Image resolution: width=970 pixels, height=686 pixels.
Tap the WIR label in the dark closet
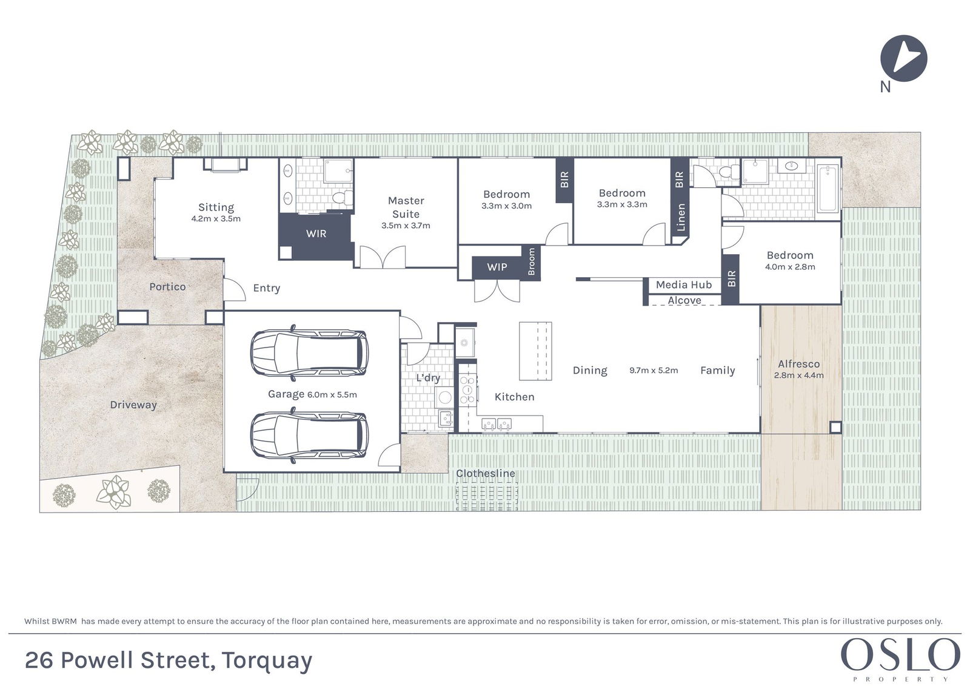316,234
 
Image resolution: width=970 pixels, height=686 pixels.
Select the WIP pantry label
497,267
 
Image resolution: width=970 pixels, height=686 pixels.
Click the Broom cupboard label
531,261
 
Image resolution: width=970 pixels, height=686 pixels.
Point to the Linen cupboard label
681,217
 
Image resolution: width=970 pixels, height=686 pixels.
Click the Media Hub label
684,284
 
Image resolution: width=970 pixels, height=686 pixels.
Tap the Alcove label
684,300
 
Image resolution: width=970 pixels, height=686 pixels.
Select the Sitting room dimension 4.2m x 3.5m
216,219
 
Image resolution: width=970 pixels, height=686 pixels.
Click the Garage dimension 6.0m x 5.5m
332,395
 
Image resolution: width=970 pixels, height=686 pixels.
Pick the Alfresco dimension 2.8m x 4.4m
799,375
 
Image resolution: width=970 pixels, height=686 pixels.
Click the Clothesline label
486,473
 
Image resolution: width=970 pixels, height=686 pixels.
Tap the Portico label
167,286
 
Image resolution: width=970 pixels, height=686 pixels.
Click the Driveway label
133,405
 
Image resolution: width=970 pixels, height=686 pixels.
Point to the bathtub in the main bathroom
828,189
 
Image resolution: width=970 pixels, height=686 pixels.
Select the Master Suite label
406,207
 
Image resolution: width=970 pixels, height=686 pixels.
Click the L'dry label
428,378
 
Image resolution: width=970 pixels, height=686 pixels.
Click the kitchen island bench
535,351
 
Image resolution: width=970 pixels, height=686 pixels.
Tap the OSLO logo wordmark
901,654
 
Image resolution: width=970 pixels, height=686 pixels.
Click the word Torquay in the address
267,661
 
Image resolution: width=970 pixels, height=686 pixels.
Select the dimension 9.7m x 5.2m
654,371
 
